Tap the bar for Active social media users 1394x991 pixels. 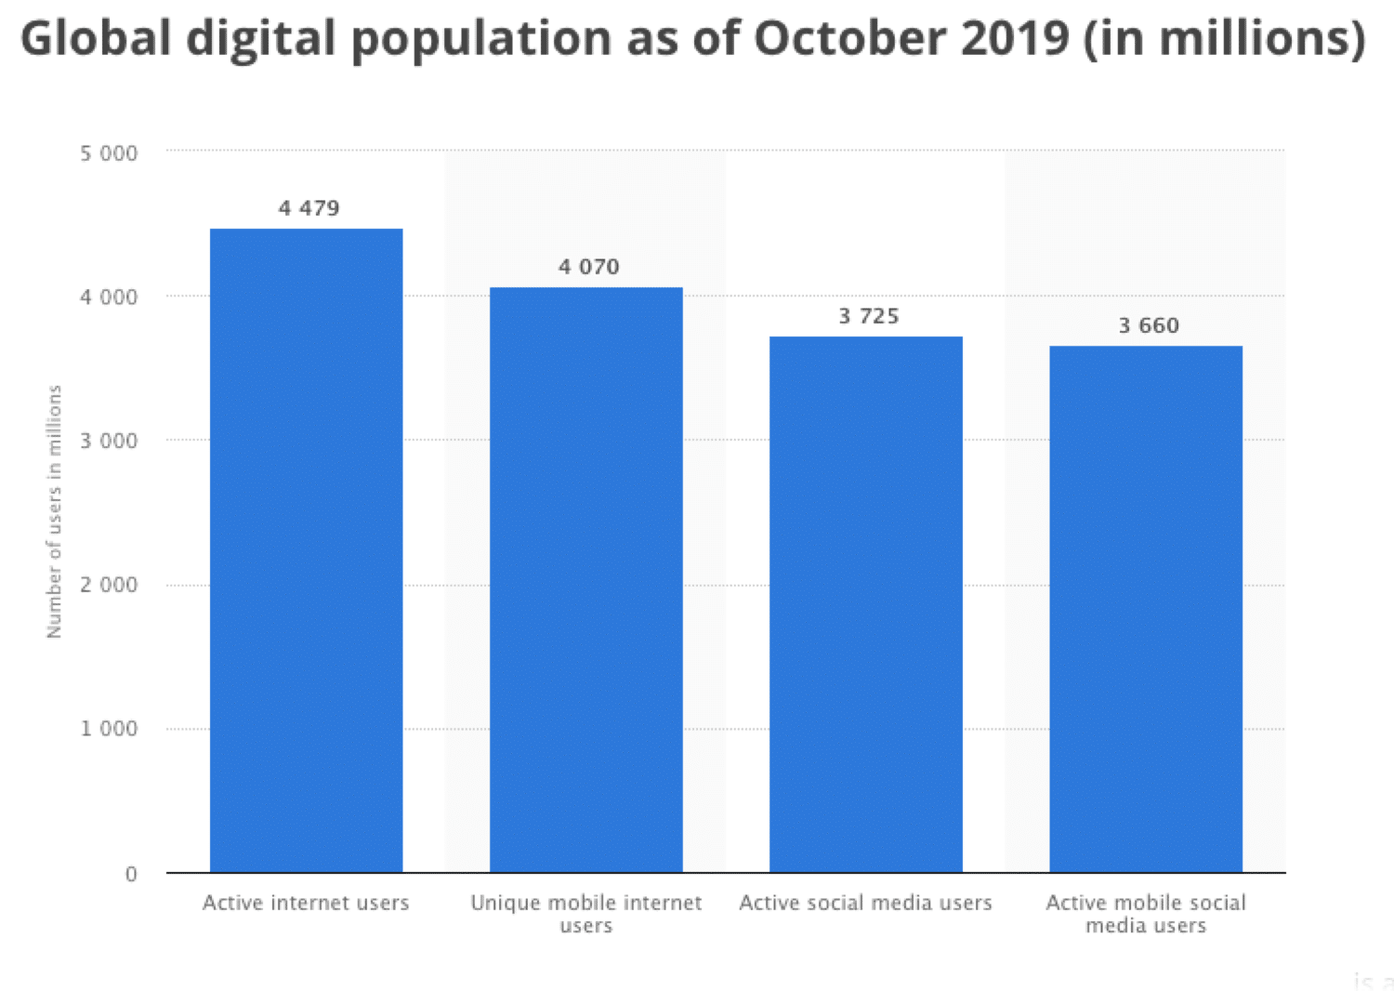click(865, 604)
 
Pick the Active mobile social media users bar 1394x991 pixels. click(1145, 609)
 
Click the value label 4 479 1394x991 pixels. click(309, 208)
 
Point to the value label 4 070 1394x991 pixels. click(588, 267)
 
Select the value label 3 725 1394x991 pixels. click(868, 316)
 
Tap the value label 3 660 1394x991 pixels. click(1148, 325)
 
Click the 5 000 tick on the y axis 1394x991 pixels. click(108, 153)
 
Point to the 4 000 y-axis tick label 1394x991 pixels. click(108, 297)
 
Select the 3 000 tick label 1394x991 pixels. click(108, 441)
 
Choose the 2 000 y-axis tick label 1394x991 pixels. click(108, 585)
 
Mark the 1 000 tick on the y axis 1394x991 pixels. click(108, 729)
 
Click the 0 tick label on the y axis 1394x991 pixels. click(131, 874)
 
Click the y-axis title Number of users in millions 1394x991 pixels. click(54, 511)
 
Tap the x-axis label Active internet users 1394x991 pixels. click(306, 903)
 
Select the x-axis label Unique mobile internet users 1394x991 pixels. click(585, 913)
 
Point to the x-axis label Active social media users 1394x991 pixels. click(865, 903)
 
